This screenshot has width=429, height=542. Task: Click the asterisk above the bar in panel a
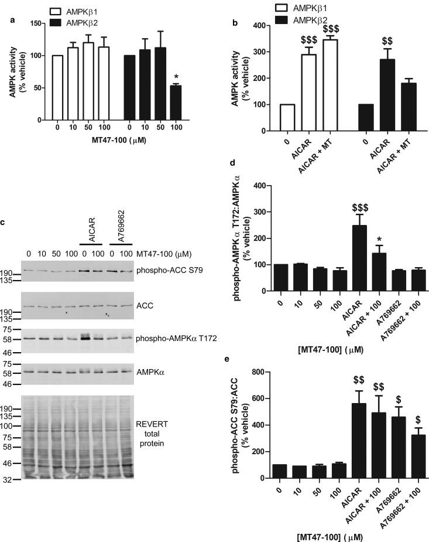193,77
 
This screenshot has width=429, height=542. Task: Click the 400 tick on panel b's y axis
249,26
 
